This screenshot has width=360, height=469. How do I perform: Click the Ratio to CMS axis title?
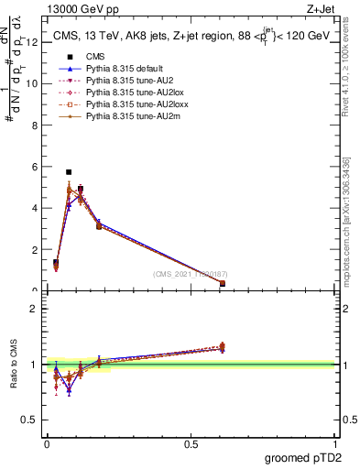[x=14, y=365]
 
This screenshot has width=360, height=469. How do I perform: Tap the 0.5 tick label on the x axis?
[x=191, y=445]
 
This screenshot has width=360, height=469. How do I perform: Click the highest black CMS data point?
[x=69, y=172]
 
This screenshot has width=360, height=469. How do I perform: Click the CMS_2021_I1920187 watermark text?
[x=190, y=274]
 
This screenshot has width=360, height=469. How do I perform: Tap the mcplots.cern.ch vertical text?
[x=346, y=229]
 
